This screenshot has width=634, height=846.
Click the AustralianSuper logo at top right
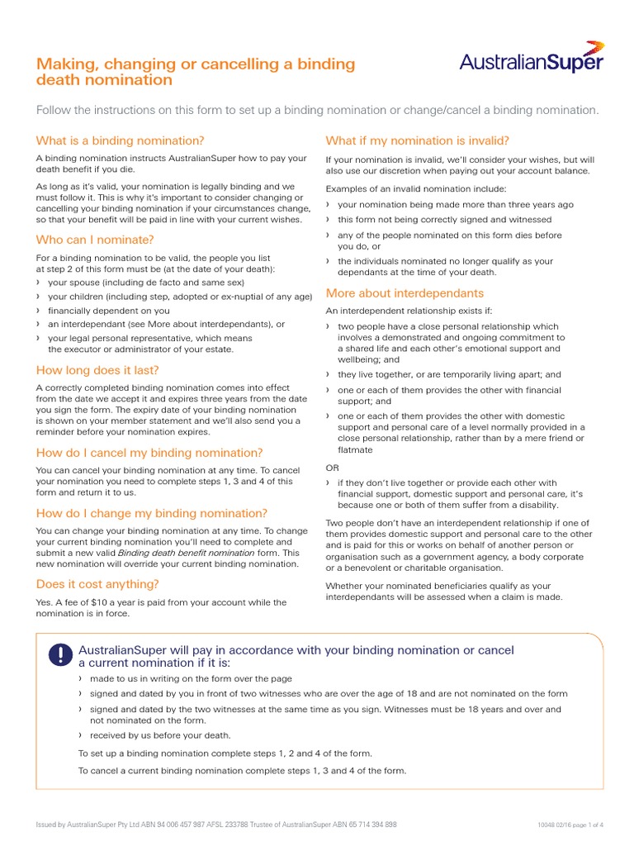[x=532, y=59]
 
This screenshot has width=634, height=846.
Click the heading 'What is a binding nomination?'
[x=120, y=140]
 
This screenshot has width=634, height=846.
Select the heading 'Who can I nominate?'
[x=95, y=240]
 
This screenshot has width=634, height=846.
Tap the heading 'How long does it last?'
[x=97, y=370]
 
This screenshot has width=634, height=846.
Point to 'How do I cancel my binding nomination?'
[x=149, y=453]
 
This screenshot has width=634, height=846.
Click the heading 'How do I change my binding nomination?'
[x=152, y=513]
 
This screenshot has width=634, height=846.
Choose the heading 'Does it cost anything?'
[x=97, y=584]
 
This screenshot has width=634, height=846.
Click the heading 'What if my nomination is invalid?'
[x=417, y=140]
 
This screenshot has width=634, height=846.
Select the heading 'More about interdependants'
[x=405, y=293]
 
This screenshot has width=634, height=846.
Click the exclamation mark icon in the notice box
[x=61, y=655]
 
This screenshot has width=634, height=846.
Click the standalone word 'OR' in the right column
[x=333, y=468]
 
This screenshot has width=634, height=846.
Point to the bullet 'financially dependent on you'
[x=109, y=311]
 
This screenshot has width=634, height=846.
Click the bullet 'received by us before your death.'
[x=160, y=735]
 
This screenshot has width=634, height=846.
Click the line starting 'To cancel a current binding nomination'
[x=242, y=771]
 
